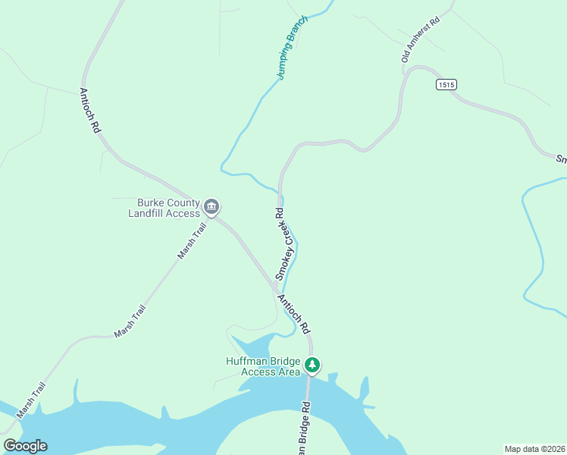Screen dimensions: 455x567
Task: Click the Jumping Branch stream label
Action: click(x=292, y=48)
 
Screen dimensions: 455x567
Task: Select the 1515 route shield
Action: click(x=446, y=85)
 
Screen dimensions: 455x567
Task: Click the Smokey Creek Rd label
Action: click(x=279, y=244)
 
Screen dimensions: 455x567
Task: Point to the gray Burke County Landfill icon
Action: click(x=211, y=206)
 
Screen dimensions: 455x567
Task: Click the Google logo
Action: click(x=25, y=446)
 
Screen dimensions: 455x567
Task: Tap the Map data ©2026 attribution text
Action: click(x=534, y=449)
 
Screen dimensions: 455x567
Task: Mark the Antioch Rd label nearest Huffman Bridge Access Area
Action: click(x=294, y=314)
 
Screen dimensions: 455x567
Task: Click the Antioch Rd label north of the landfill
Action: click(x=89, y=111)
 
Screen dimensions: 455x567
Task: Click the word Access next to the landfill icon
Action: click(x=183, y=213)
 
